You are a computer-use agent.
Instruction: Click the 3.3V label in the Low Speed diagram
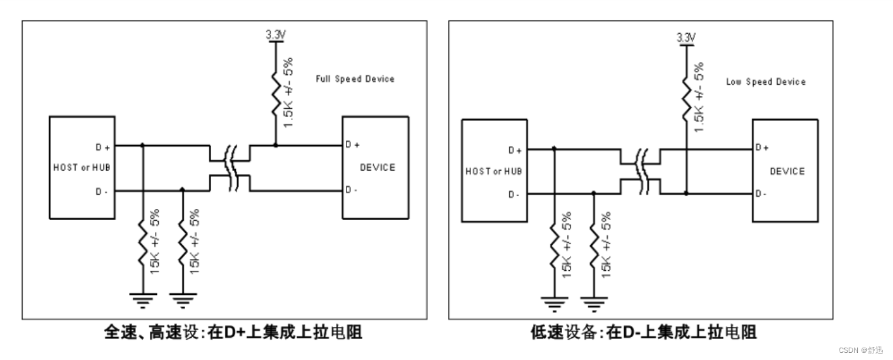coord(686,38)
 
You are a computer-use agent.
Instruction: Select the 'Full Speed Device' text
coord(355,79)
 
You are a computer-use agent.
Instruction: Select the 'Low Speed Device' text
coord(765,82)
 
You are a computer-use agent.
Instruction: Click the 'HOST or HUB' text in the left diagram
coord(81,167)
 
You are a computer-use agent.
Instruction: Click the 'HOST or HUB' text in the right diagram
coord(493,171)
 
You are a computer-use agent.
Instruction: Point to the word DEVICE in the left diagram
coord(377,167)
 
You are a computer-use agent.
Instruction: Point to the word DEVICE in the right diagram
coord(787,171)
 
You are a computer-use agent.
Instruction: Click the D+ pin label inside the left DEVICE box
coord(352,145)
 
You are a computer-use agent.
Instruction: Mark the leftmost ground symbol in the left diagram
coord(143,300)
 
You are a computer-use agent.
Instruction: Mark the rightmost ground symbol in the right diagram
coord(593,302)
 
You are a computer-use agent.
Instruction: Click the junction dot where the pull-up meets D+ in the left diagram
coord(276,145)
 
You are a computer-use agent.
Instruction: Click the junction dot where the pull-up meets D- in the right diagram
coord(686,193)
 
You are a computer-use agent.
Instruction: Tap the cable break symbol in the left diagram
coord(229,168)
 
